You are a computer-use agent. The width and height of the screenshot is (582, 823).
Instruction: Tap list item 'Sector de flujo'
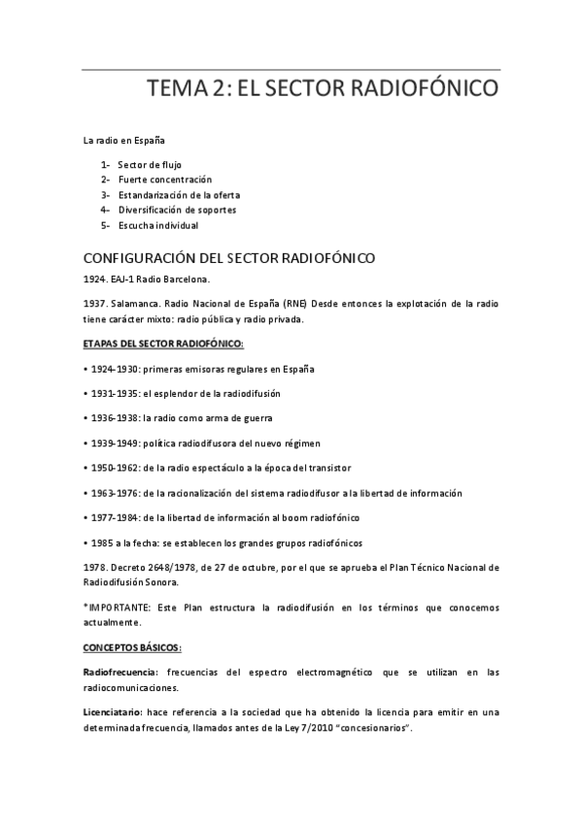[x=149, y=164]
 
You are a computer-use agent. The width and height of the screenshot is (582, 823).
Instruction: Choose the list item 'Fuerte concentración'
[x=164, y=180]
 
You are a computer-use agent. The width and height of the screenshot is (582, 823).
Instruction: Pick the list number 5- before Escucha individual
[x=105, y=225]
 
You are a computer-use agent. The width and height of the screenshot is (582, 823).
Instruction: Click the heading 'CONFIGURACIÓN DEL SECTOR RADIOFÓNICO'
[x=228, y=258]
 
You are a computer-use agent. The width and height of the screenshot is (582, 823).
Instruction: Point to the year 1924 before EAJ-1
[x=94, y=279]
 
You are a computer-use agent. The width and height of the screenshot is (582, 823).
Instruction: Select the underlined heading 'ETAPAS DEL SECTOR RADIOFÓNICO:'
[x=163, y=345]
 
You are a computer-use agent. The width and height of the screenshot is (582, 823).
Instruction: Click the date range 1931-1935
[x=113, y=393]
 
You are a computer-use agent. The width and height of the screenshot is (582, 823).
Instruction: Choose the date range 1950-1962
[x=113, y=468]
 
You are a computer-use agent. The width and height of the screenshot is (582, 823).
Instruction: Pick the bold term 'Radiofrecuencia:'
[x=121, y=672]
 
